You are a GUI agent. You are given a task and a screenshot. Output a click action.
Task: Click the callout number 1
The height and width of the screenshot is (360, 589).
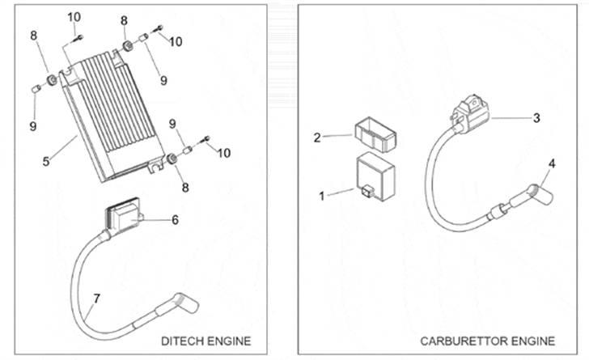coord(322,195)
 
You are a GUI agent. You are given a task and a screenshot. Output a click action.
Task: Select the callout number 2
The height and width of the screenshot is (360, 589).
coord(318,137)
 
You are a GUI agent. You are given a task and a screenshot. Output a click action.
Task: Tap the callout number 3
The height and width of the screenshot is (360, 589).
coord(536,117)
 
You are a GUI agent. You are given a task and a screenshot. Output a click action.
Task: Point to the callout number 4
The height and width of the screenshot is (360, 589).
coord(552,164)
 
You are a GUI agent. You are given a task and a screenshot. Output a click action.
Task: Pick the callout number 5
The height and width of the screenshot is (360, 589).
coord(47,160)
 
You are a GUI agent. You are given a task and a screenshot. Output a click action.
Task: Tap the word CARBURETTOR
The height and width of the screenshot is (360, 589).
coord(459,340)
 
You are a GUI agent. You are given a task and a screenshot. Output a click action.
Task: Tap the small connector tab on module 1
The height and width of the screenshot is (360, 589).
coord(368,192)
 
